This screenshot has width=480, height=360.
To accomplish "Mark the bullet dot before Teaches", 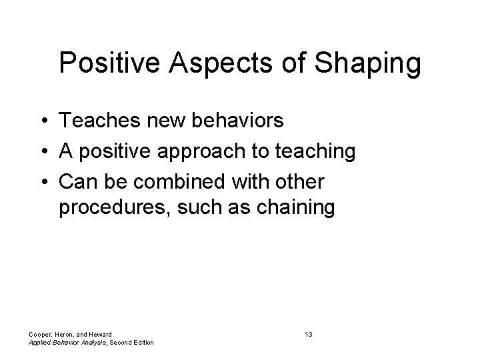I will (41, 122).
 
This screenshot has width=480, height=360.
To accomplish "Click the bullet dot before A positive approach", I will (41, 152).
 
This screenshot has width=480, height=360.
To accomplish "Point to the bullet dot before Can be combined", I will (41, 181).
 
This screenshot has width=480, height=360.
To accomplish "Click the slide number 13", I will (308, 333).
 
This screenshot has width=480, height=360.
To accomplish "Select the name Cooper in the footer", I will (40, 333).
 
